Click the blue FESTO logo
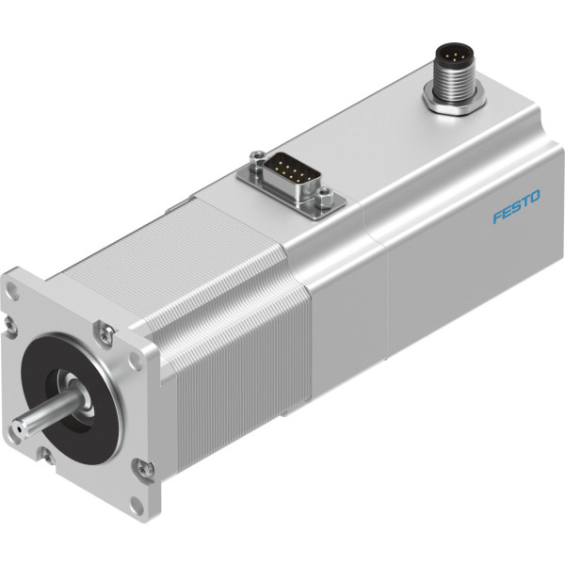pos(516,206)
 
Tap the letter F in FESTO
pos(497,217)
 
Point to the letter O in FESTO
pos(535,196)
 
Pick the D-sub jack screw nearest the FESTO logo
pos(324,195)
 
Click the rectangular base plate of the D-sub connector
pos(291,186)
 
